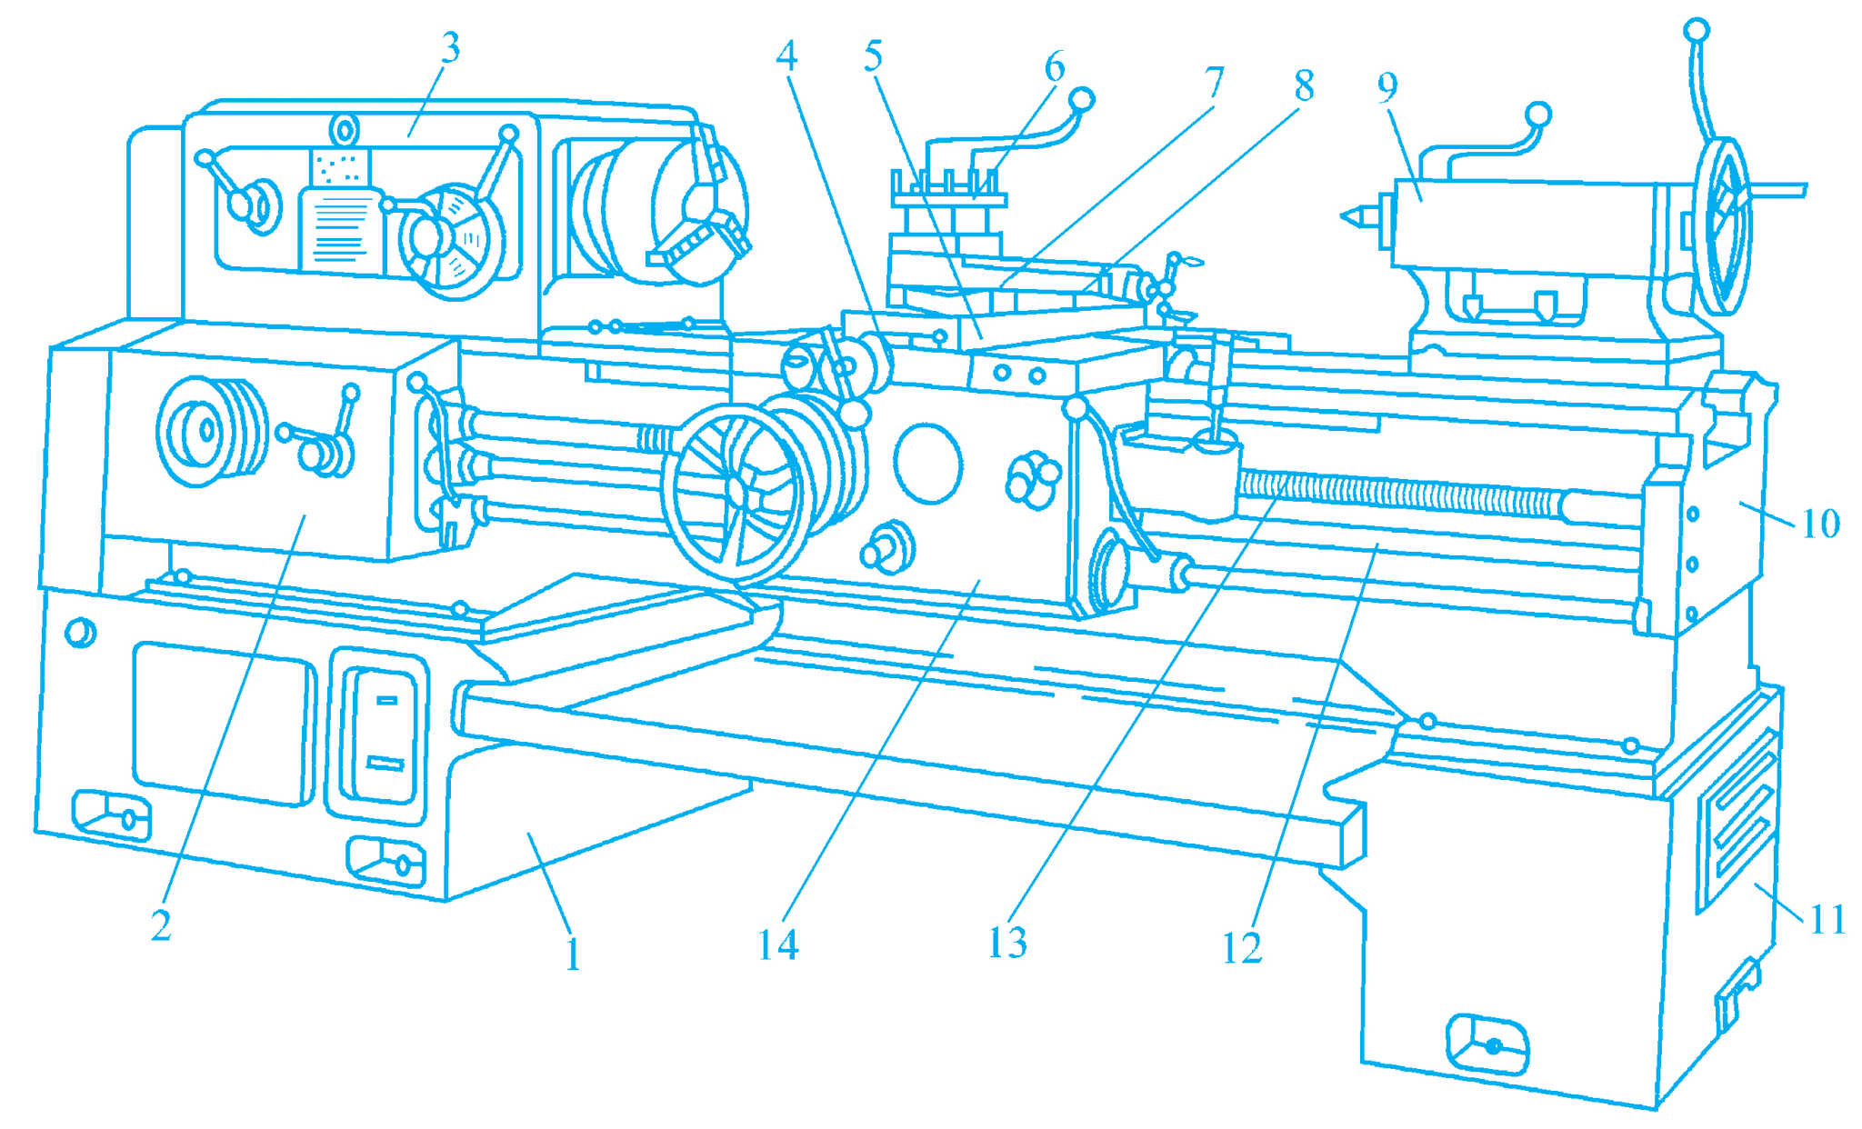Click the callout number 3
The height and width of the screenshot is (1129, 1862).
click(450, 47)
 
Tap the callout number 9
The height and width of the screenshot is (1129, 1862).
click(1386, 87)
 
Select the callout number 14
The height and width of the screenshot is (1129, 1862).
click(778, 945)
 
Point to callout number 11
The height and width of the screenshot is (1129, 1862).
click(1827, 920)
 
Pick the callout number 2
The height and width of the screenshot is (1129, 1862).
click(161, 926)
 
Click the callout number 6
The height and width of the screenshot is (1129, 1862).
click(1054, 67)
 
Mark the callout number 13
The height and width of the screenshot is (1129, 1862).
click(1007, 944)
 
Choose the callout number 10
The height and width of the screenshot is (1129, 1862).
click(1820, 524)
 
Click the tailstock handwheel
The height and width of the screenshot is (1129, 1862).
click(1723, 227)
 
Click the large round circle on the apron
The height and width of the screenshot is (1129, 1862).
click(927, 463)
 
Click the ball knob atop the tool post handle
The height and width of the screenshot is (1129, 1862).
click(1081, 99)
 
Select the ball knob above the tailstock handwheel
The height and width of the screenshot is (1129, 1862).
click(1696, 31)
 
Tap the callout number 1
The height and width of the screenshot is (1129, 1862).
click(572, 955)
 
